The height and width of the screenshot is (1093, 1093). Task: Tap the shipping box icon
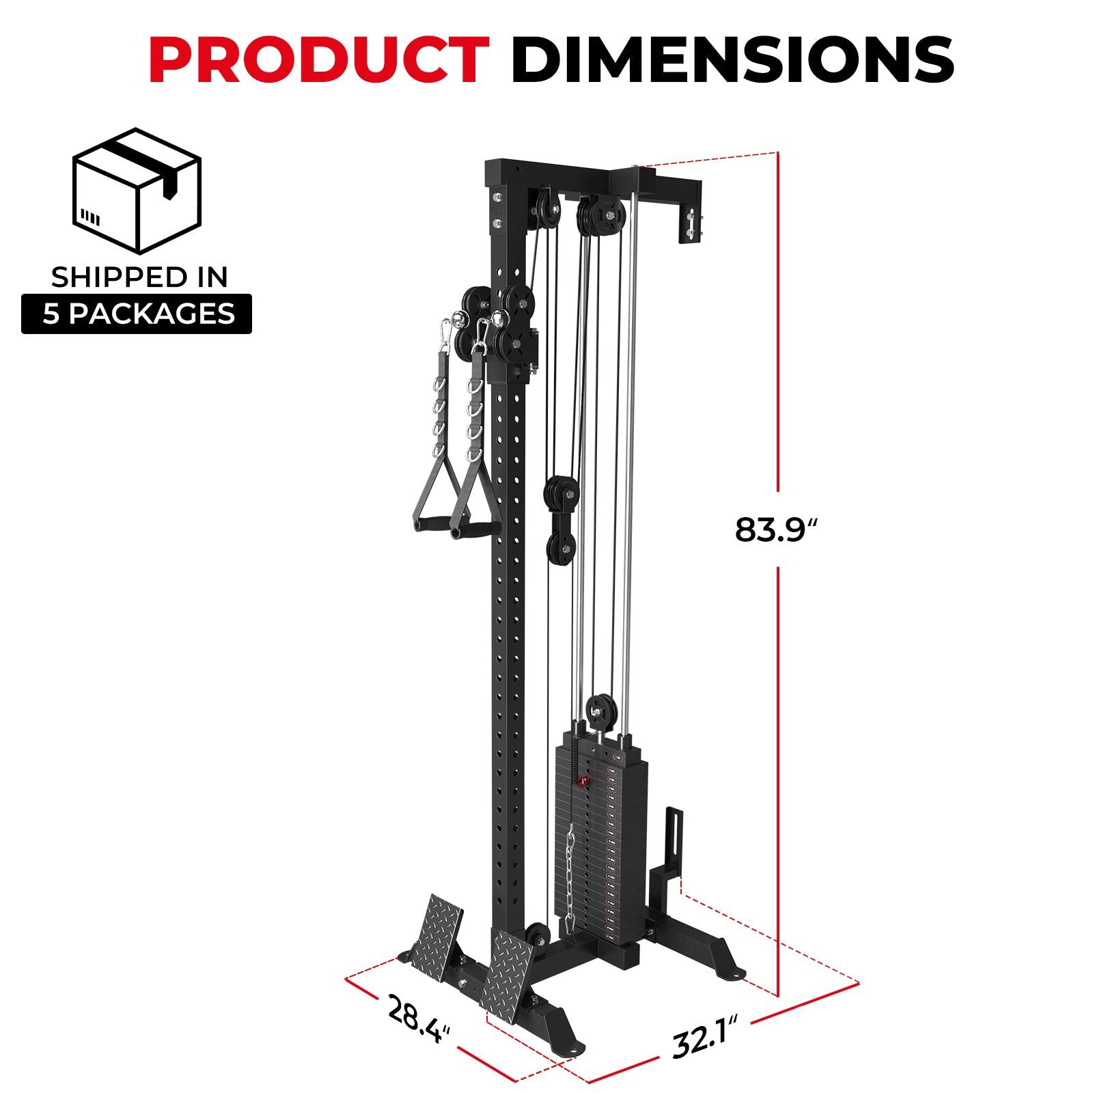[137, 191]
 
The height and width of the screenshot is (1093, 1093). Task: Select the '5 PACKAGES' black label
[137, 314]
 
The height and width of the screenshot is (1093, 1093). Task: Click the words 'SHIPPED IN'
[139, 277]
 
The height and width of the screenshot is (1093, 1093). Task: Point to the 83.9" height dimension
[775, 529]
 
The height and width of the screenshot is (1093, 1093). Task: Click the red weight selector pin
[583, 781]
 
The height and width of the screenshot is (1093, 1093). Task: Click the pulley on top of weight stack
[602, 710]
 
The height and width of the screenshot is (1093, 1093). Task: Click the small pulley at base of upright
[537, 936]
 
